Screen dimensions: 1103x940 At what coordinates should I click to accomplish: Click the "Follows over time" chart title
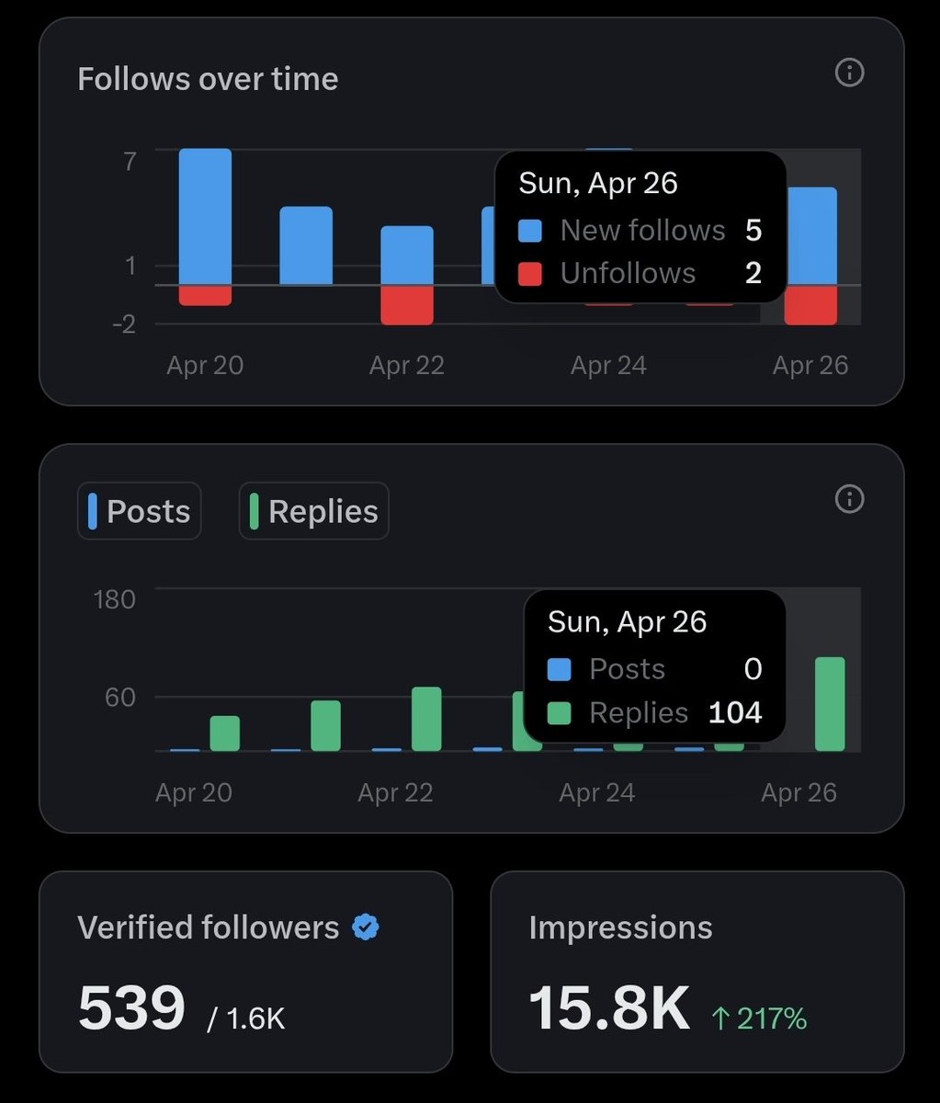208,79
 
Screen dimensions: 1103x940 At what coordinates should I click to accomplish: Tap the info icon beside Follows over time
849,73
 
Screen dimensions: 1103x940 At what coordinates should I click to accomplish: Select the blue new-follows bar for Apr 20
205,216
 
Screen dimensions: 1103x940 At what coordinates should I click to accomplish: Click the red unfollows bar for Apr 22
407,304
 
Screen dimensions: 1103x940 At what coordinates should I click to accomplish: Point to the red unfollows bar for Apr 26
810,304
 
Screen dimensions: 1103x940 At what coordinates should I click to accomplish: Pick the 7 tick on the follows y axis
130,162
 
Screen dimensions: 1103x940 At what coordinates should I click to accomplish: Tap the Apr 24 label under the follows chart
608,366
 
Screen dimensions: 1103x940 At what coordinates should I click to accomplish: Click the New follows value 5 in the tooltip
753,230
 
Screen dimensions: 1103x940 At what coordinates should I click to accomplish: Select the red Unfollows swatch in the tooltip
530,274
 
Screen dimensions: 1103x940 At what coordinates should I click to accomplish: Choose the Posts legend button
140,511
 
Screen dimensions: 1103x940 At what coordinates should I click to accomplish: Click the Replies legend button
314,511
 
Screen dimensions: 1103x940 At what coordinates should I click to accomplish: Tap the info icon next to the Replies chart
849,499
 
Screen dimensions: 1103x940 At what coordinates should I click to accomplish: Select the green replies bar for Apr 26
830,704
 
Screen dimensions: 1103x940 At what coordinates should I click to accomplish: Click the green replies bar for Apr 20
225,733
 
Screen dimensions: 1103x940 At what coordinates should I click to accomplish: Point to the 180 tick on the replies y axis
114,599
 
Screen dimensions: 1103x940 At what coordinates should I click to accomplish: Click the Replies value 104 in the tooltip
735,712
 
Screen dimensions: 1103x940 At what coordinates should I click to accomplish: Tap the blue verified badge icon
366,927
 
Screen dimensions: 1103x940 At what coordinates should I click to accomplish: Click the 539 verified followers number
131,1008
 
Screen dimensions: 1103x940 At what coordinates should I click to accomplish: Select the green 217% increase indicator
759,1018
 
